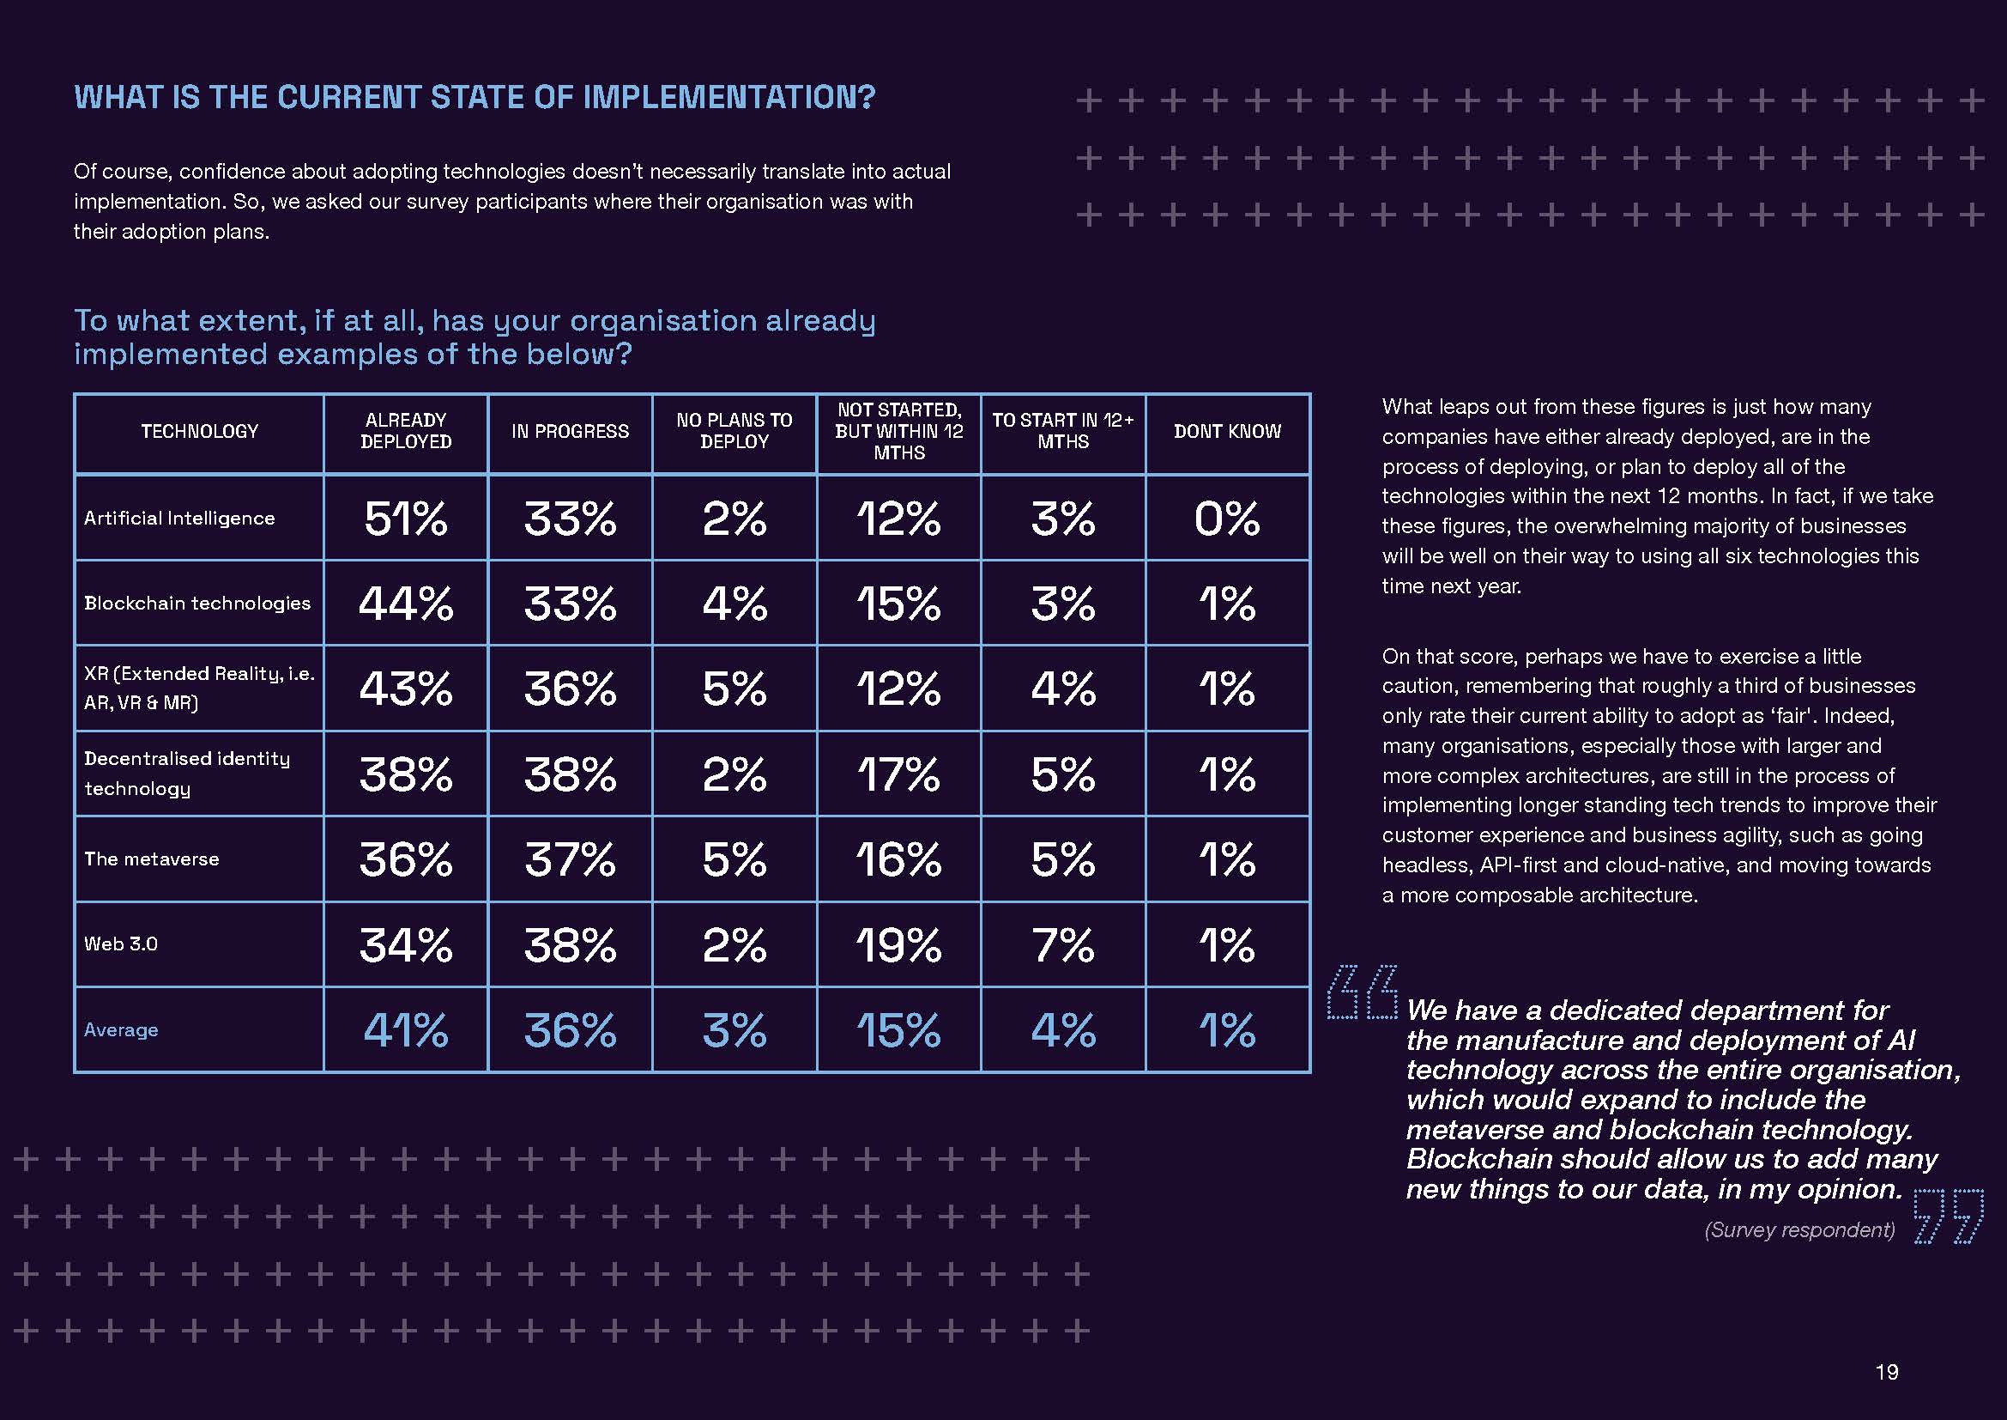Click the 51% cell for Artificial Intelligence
[406, 519]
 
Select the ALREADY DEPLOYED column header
[406, 431]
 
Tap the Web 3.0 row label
[121, 944]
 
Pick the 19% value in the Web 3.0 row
[898, 945]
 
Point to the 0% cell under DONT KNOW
[1227, 519]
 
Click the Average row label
[121, 1030]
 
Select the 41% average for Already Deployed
[406, 1030]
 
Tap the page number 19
[1886, 1372]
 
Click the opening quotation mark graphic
[1362, 992]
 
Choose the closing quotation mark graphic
[1948, 1217]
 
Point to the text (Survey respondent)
[1799, 1230]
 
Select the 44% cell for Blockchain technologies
[406, 604]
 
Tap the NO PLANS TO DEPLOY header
[734, 431]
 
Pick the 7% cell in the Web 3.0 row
[1063, 945]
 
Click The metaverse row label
[151, 859]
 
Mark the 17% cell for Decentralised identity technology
[898, 774]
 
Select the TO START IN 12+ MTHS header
[1063, 431]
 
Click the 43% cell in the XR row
[406, 689]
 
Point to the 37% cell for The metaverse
[570, 859]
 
